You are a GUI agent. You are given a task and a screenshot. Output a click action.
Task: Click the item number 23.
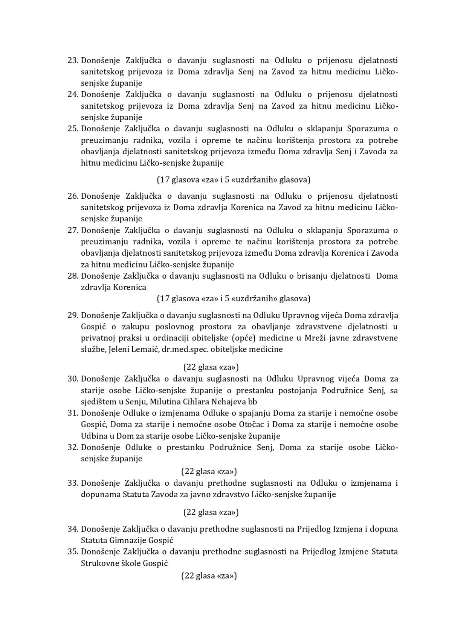pos(73,60)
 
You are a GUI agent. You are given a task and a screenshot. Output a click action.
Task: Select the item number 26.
pos(73,196)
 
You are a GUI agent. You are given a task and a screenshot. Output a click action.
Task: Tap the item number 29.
pos(73,315)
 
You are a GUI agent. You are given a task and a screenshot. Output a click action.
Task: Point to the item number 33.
pos(73,483)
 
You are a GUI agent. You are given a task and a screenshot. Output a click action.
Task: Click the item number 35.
pos(73,552)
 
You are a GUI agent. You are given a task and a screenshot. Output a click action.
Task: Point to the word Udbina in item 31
pos(92,436)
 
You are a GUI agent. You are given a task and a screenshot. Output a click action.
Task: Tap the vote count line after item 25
pos(234,180)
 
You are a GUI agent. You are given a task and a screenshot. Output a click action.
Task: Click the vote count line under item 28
pos(234,299)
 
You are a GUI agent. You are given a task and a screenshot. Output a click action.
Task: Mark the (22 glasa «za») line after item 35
pos(209,576)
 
